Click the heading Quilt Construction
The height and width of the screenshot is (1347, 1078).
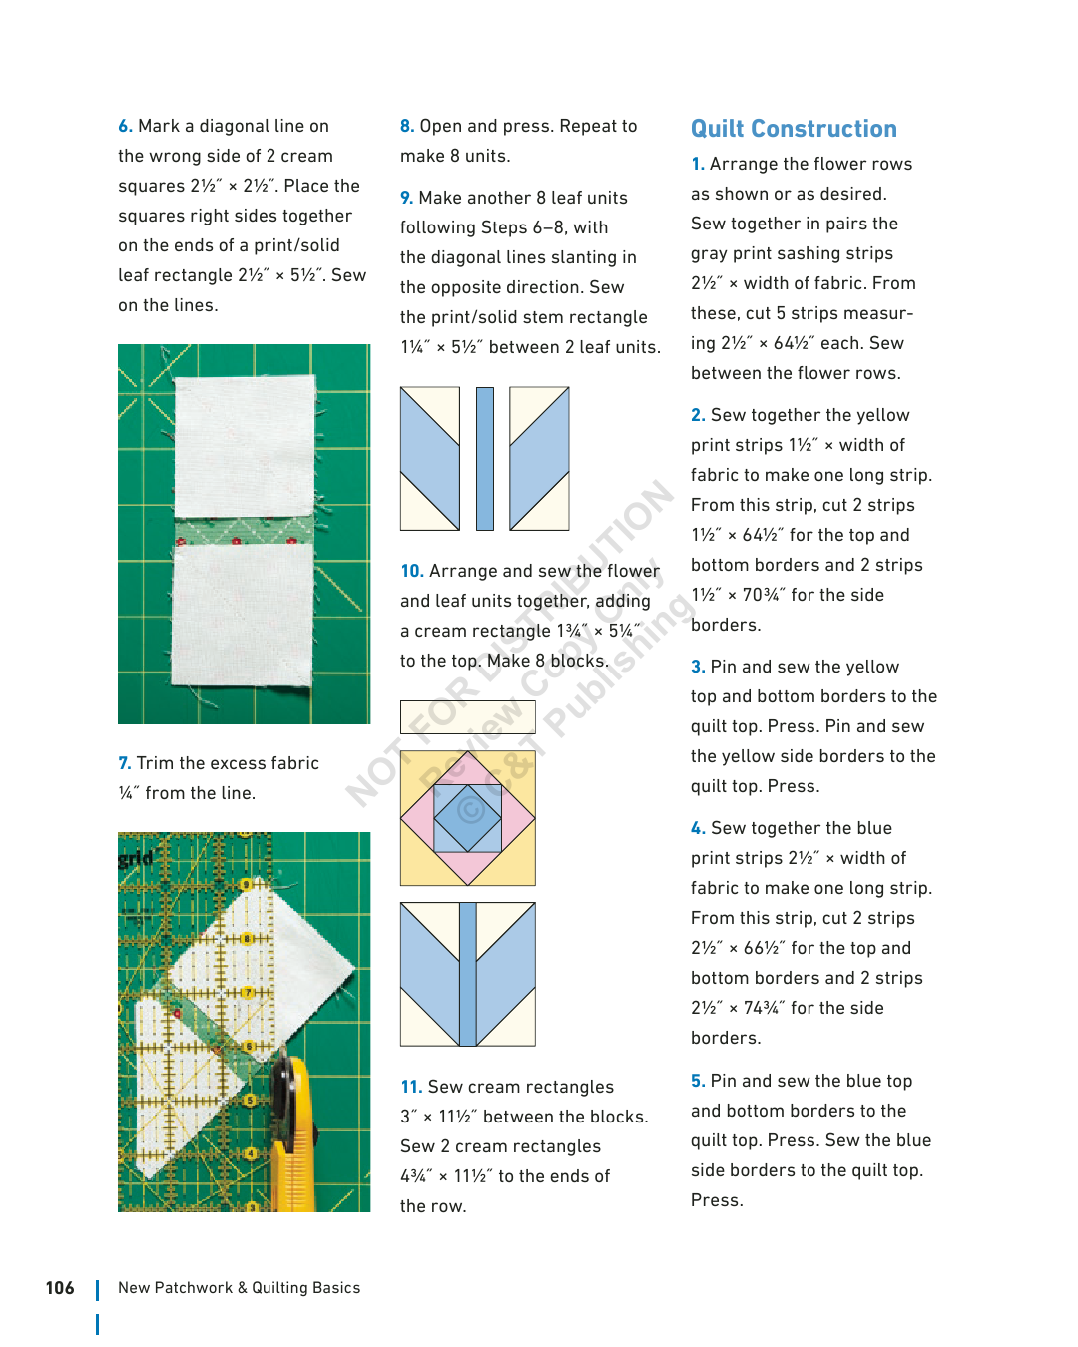click(794, 129)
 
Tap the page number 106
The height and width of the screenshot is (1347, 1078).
click(60, 1288)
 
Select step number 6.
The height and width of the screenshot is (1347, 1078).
click(125, 126)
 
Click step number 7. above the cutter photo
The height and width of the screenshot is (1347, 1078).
click(124, 763)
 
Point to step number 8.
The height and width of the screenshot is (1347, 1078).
click(406, 126)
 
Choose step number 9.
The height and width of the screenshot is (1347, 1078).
click(406, 198)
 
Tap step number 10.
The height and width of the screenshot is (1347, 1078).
click(411, 571)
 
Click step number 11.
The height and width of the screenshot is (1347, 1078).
click(410, 1087)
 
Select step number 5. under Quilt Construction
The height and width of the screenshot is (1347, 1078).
click(698, 1081)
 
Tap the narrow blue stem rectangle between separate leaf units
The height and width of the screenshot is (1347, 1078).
click(485, 458)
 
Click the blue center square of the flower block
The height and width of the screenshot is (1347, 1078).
click(468, 817)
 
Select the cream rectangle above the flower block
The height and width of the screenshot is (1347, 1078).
click(467, 716)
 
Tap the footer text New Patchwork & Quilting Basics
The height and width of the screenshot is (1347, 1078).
click(239, 1288)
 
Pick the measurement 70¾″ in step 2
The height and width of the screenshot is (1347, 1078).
click(764, 595)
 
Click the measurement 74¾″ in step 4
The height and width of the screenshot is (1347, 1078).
click(764, 1008)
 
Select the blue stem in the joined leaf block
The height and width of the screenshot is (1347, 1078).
click(467, 974)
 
